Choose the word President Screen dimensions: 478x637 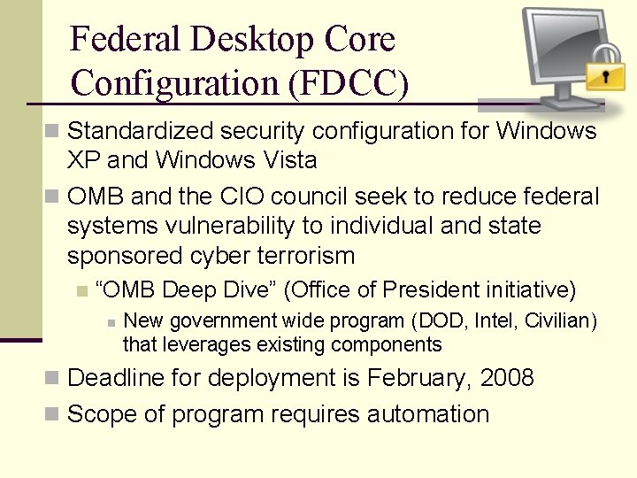pyautogui.click(x=429, y=289)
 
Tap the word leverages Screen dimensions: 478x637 pyautogui.click(x=198, y=344)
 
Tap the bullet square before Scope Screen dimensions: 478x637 pyautogui.click(x=53, y=414)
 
